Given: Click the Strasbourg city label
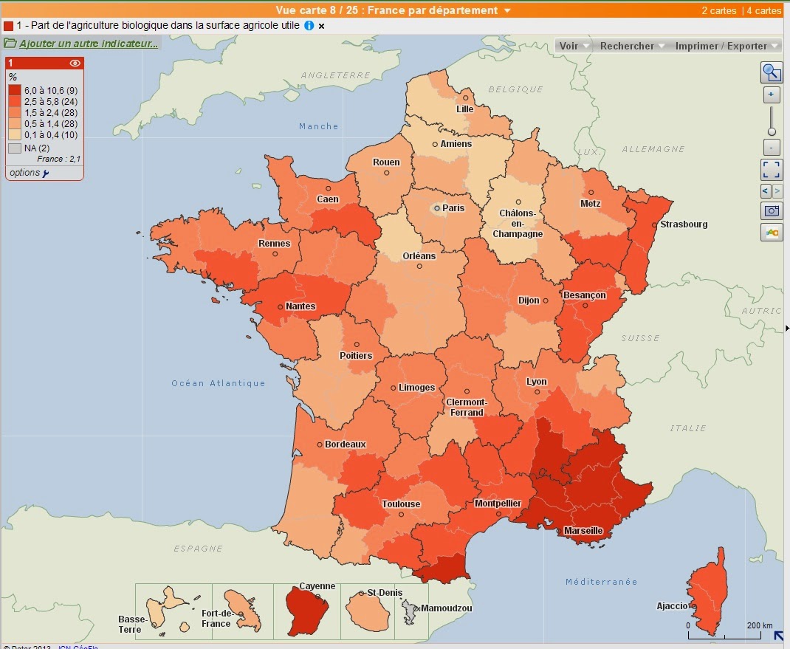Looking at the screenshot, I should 684,224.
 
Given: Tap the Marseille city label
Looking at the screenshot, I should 583,531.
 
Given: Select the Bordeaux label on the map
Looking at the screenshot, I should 346,444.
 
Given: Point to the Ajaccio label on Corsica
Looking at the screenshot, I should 672,606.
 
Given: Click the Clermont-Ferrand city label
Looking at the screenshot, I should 467,408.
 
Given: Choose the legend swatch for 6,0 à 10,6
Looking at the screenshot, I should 15,90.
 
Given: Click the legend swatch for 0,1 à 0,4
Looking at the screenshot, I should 15,134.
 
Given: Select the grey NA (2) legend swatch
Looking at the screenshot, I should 15,148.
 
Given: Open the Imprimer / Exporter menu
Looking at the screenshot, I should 727,46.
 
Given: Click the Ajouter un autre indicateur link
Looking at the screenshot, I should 88,44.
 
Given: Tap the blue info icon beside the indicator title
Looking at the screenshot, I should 309,26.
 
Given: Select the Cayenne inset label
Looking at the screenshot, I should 317,586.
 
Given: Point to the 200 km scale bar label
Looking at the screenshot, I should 760,625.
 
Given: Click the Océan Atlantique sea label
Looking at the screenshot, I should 218,383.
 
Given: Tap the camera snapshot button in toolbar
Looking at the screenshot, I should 772,210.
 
